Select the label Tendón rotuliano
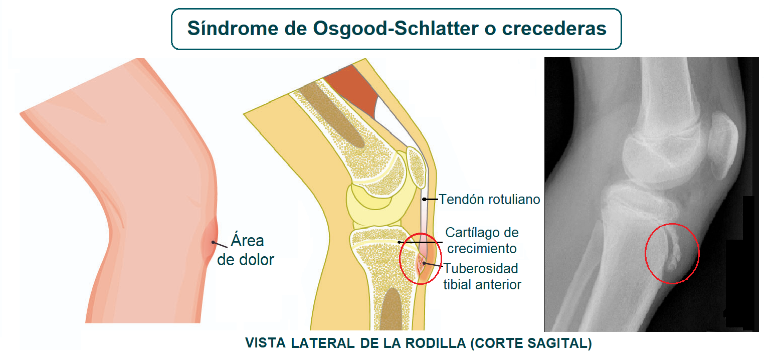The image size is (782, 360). pos(489,200)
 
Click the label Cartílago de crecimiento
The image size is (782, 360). pos(482,240)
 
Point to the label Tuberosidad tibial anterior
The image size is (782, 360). pos(482,276)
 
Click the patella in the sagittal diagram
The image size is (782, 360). pos(416,165)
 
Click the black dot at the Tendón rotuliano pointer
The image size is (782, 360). pos(424,200)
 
